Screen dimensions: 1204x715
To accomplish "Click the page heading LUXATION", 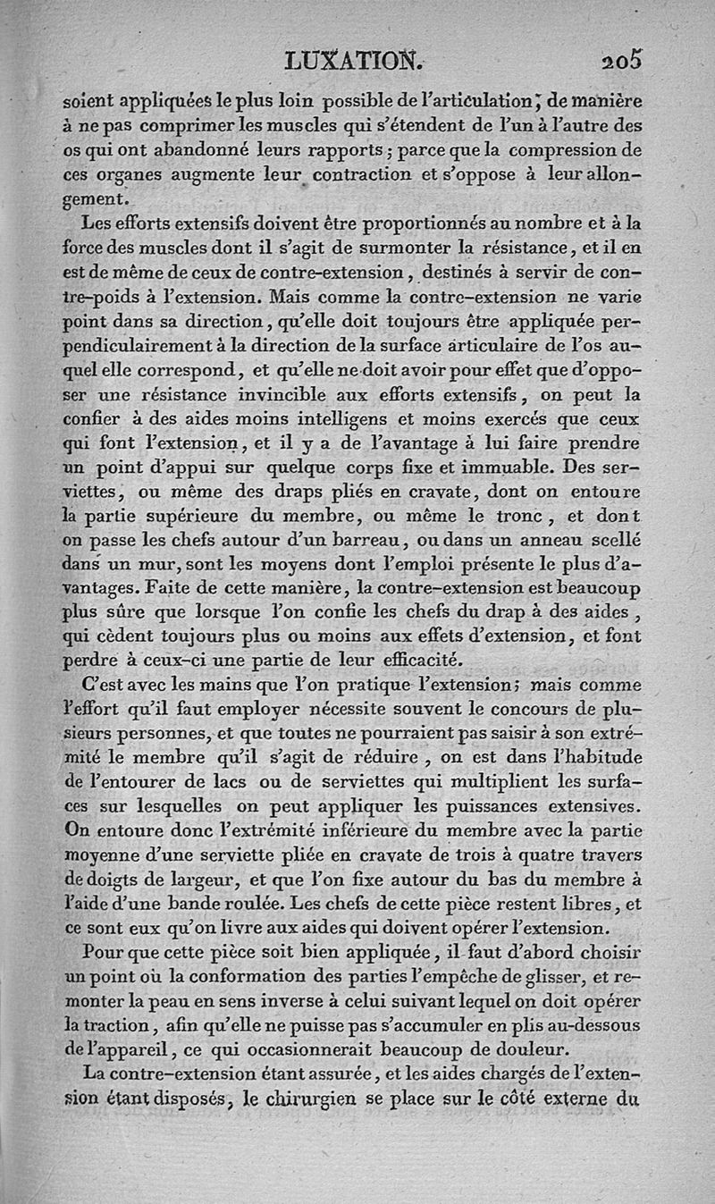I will pyautogui.click(x=349, y=60).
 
